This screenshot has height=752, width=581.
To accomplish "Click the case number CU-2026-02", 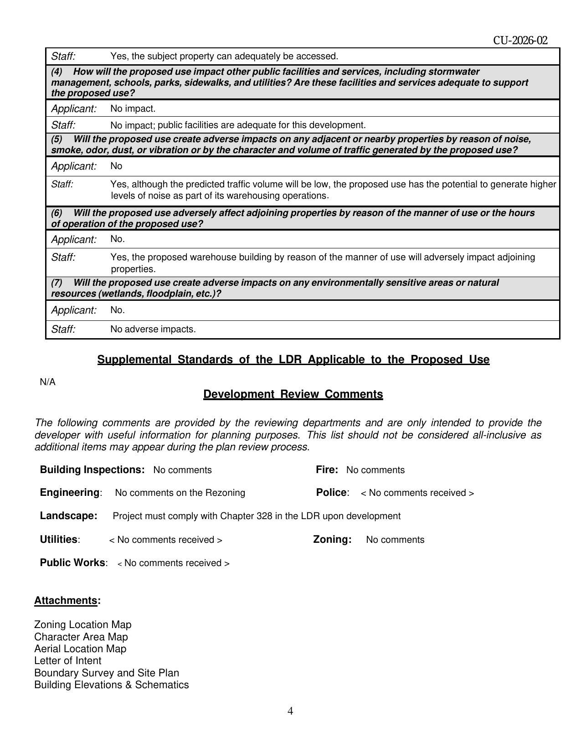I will (520, 41).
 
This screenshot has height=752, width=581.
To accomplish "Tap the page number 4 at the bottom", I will (290, 711).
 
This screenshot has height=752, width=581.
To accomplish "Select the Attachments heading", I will (67, 600).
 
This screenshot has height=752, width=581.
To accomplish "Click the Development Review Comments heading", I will (293, 394).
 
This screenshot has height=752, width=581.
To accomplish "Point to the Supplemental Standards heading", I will (293, 360).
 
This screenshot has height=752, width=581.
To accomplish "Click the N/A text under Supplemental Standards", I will (47, 382).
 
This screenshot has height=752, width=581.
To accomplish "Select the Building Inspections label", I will (92, 470).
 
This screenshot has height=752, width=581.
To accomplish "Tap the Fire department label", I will (327, 470).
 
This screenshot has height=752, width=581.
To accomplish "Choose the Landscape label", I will (68, 516).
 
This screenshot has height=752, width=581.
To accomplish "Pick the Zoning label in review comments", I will (332, 540).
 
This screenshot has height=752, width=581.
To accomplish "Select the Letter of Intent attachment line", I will (67, 661).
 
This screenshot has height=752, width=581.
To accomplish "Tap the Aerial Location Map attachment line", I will (80, 649).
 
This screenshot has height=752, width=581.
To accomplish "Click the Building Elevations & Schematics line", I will (111, 685).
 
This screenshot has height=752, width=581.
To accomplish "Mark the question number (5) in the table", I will (57, 139).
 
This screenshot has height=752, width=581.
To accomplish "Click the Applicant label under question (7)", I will (74, 310).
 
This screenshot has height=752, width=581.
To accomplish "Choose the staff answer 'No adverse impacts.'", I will (153, 330).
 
